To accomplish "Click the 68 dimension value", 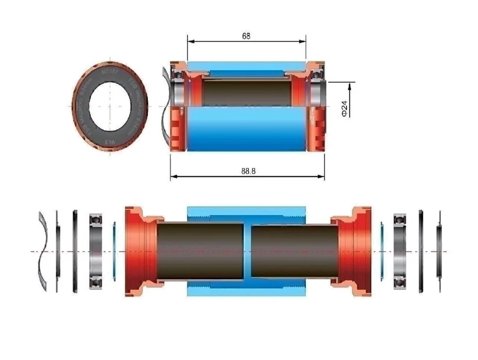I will pyautogui.click(x=245, y=36).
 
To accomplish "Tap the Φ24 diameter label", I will pyautogui.click(x=343, y=108).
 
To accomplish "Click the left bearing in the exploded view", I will pyautogui.click(x=97, y=252).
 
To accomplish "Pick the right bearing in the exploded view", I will pyautogui.click(x=400, y=252).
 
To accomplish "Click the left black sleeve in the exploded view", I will pyautogui.click(x=199, y=251).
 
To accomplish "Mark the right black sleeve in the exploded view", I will pyautogui.click(x=294, y=251).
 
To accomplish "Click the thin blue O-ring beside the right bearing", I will pyautogui.click(x=382, y=251).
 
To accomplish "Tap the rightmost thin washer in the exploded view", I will pyautogui.click(x=439, y=251).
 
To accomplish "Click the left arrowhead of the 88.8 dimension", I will pyautogui.click(x=173, y=176).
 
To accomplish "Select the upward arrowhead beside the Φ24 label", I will pyautogui.click(x=351, y=86).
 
